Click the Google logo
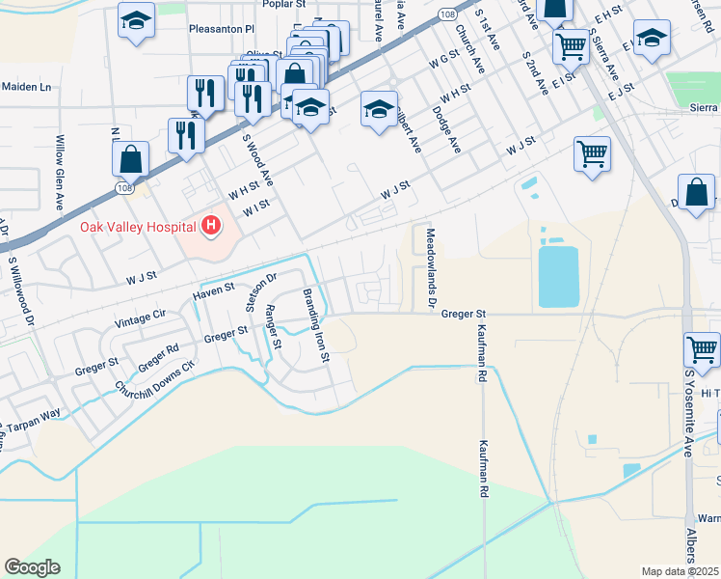(x=32, y=567)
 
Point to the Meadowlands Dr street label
(x=430, y=267)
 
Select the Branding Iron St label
(x=317, y=325)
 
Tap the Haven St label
(x=213, y=289)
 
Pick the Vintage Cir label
(x=141, y=317)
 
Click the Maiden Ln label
(x=26, y=87)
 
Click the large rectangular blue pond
(x=558, y=275)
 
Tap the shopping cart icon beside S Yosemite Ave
(x=702, y=349)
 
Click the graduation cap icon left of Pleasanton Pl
(x=136, y=19)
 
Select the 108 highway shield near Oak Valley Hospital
(x=129, y=189)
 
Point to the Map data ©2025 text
(x=680, y=571)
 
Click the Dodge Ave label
(x=448, y=128)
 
